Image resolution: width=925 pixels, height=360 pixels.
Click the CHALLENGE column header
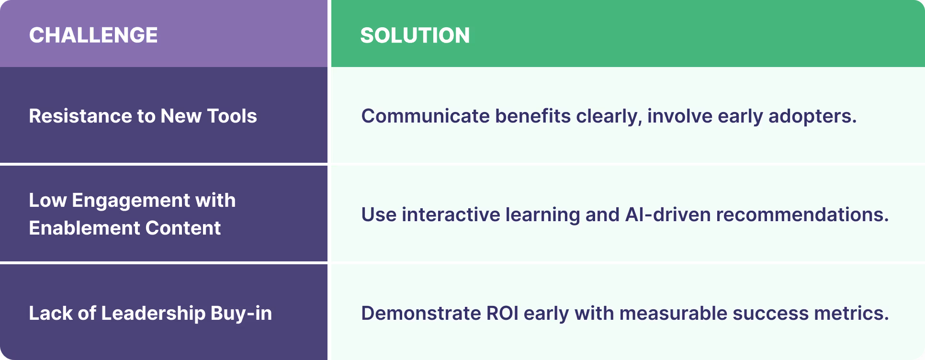click(93, 35)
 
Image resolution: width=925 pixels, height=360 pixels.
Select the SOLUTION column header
click(415, 35)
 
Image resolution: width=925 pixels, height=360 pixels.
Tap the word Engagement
click(130, 201)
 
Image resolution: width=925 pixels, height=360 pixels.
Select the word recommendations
click(802, 215)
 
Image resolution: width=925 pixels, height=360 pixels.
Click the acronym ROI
click(502, 314)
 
